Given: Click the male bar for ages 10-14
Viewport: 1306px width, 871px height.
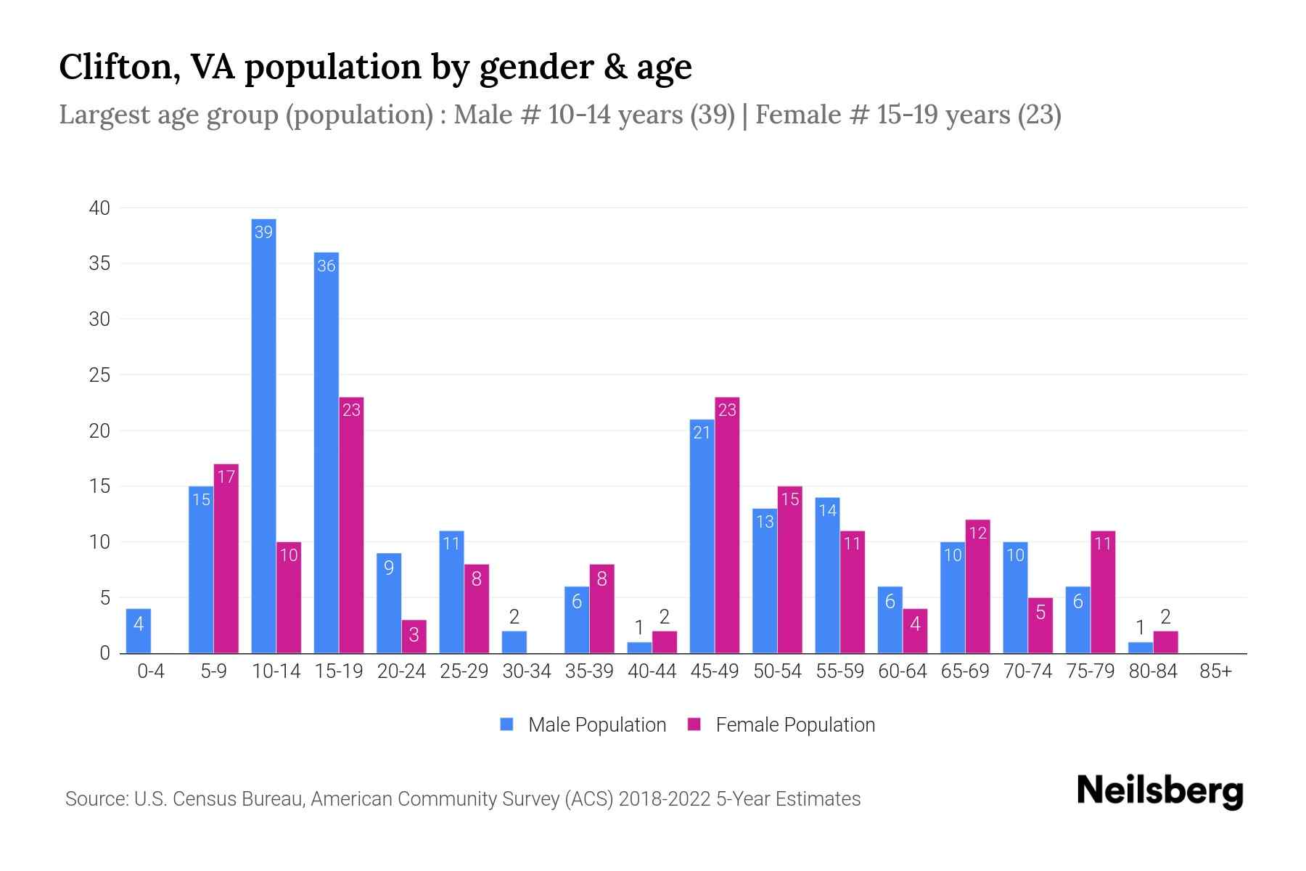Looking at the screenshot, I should tap(263, 435).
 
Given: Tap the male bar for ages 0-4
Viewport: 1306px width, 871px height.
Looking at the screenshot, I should tap(139, 631).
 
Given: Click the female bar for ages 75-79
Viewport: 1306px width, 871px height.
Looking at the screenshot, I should tap(1103, 592).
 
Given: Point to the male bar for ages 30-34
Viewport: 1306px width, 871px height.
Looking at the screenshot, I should tap(514, 642).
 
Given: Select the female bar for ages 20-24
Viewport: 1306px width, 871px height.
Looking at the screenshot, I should tap(414, 637).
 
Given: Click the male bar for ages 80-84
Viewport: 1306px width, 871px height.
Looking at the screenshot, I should tap(1140, 647).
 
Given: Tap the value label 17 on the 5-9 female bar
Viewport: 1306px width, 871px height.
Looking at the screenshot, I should tap(226, 477).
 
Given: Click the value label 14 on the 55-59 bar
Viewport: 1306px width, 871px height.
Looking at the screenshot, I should tap(827, 510).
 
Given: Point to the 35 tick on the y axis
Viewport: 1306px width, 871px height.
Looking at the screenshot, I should tap(99, 263).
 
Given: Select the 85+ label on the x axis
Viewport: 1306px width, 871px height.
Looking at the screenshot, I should tap(1215, 671).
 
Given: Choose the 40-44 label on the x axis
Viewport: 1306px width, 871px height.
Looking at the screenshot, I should tap(652, 671).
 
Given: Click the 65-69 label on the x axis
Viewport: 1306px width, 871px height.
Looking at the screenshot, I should tap(965, 671).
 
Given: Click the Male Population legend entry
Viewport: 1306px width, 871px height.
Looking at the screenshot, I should tap(596, 725).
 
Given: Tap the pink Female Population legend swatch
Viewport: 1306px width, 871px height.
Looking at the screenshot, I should tap(694, 724).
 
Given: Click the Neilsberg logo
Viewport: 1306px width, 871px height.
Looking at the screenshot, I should tap(1159, 791).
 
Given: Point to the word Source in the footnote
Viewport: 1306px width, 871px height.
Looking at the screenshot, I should tap(96, 799).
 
